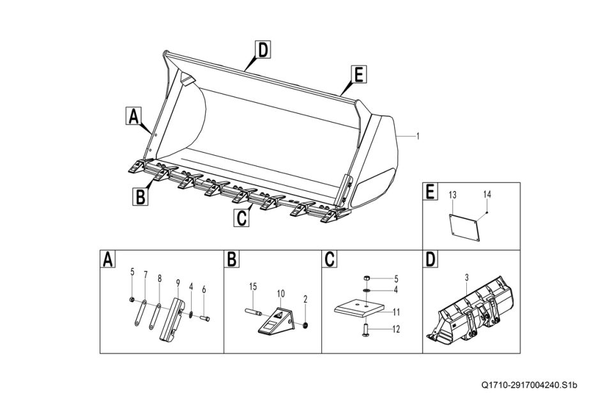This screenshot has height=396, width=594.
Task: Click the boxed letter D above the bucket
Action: coord(262,49)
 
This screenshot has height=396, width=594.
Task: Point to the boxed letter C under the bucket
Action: coord(241,217)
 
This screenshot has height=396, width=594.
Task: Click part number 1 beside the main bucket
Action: coord(417,135)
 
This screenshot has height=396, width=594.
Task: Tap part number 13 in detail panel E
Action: coord(452,194)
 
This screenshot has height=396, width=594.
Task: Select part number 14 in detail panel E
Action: coord(487,194)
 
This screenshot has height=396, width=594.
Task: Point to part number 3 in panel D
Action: coord(467,277)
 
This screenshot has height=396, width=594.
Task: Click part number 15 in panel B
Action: coord(253,287)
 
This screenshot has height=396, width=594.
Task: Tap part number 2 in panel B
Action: coord(305,298)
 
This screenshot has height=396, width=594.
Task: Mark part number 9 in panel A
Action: coord(178,280)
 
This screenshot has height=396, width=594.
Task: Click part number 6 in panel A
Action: coord(203,289)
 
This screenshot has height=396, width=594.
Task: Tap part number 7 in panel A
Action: coord(145,275)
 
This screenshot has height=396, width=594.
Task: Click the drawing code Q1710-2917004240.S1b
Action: coord(529,385)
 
